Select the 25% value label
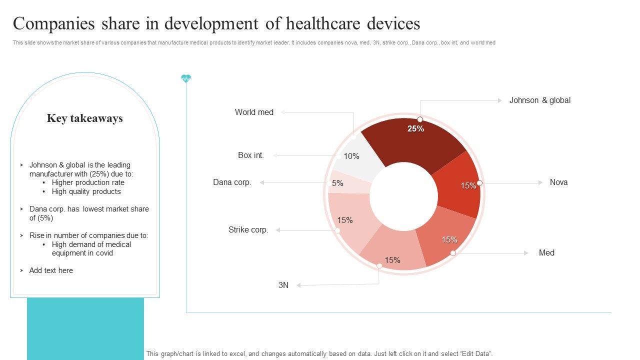pos(415,129)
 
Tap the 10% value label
pos(351,156)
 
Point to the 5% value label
pos(337,183)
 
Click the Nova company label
pos(558,182)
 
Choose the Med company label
pos(546,253)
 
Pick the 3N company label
pos(283,285)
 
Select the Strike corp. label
pos(248,230)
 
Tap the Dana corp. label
pos(232,182)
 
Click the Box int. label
pos(251,155)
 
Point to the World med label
pos(254,112)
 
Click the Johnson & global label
pos(539,100)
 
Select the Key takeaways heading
pos(85,118)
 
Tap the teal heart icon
pos(186,78)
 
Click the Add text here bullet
pos(51,270)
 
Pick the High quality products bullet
pos(86,191)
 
